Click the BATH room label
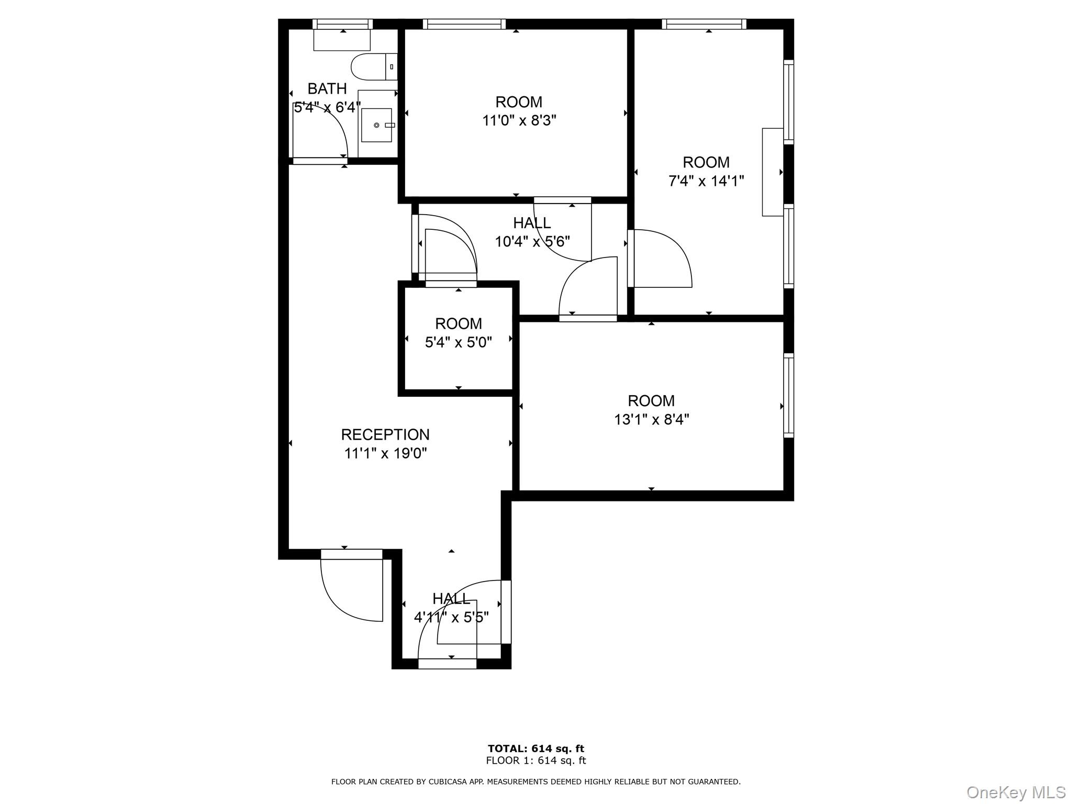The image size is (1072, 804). coord(327,88)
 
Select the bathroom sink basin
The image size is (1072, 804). coord(376,125)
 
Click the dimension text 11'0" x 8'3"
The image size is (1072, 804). coord(519,121)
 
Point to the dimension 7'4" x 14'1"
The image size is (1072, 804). coord(706,181)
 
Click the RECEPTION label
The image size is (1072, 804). coord(385,434)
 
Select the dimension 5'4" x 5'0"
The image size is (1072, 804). coord(458,342)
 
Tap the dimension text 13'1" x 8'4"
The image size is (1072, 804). coord(651,419)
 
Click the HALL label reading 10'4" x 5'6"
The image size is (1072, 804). coord(532,223)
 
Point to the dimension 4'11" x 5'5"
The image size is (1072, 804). coord(451,618)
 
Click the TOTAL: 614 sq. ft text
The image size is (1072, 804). coord(535,749)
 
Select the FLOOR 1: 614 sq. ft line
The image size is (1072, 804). coord(535,761)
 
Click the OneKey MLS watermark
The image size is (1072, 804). coord(1015,792)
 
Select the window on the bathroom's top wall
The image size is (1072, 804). coord(342,24)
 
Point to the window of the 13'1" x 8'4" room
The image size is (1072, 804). coord(788,395)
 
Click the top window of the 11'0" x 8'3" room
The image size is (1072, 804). coord(464,24)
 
